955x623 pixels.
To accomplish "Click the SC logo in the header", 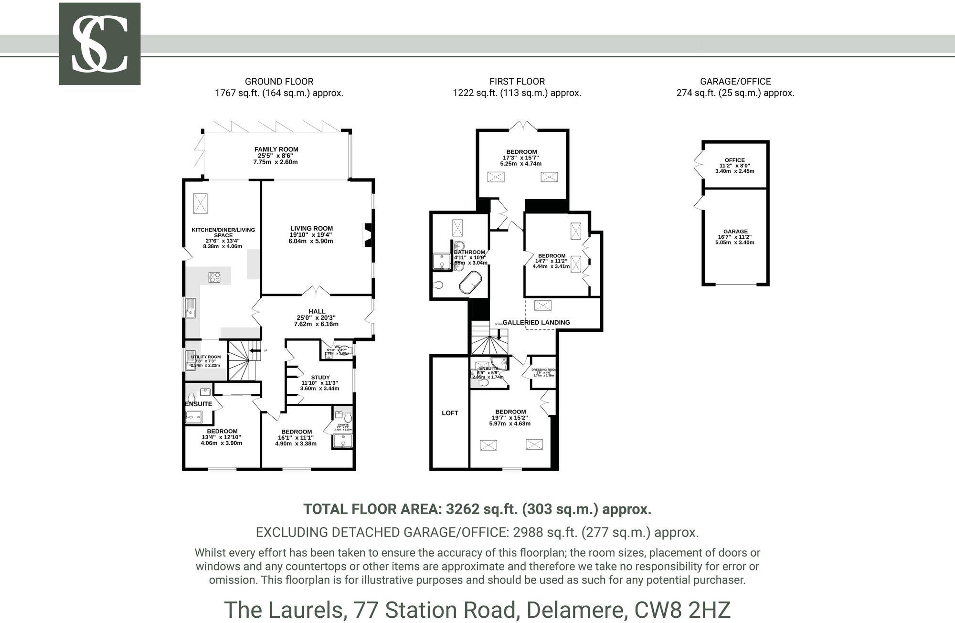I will (x=99, y=44).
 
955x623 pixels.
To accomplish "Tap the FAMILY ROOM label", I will (x=276, y=149).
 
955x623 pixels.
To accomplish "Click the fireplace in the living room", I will (x=368, y=235).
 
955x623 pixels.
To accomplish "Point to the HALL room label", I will (x=317, y=311).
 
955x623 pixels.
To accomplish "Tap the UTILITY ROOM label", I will (x=206, y=357).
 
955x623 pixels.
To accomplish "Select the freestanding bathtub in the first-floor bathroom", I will (x=470, y=283).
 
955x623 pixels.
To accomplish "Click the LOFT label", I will (x=450, y=413).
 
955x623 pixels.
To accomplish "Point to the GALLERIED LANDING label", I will (x=536, y=322).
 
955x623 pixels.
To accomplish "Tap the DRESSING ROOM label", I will (x=544, y=370).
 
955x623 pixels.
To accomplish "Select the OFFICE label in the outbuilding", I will (x=734, y=160).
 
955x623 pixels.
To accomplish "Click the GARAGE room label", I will (x=735, y=232).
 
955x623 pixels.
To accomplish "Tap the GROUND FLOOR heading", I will (x=279, y=82).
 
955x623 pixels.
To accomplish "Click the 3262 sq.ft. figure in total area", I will (x=481, y=509).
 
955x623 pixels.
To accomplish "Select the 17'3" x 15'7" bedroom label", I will (x=521, y=152).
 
